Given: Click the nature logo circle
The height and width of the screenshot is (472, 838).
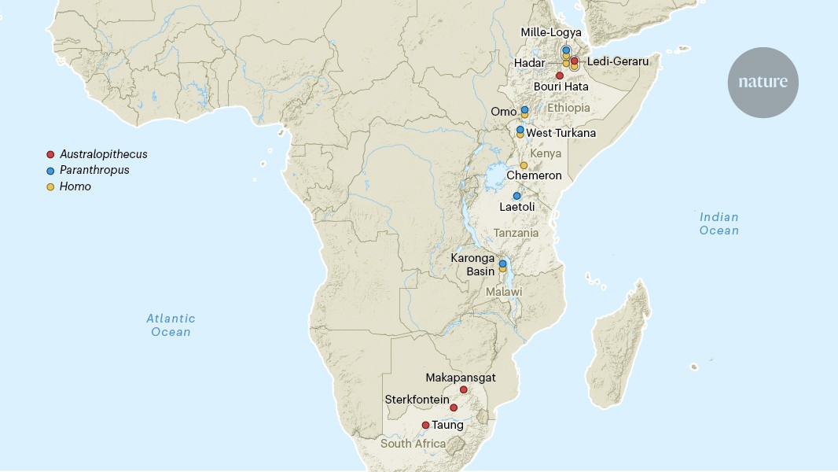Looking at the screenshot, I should click(x=763, y=83).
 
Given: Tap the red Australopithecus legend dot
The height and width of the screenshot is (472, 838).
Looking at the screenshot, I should click(x=50, y=154).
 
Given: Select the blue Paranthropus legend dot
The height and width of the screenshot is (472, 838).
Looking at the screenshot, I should click(x=50, y=171).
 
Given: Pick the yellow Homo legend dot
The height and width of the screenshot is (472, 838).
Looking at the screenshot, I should click(x=50, y=187).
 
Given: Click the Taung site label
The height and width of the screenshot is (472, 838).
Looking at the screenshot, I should click(x=448, y=425).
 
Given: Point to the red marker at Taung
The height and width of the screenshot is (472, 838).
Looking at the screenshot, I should click(x=425, y=425).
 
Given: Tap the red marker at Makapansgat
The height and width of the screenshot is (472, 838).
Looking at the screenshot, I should click(x=464, y=389).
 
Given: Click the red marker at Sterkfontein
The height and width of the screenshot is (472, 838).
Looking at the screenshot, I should click(x=454, y=407).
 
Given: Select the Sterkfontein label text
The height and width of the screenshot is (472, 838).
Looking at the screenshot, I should click(x=417, y=400).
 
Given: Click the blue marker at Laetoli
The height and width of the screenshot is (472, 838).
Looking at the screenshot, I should click(x=516, y=196).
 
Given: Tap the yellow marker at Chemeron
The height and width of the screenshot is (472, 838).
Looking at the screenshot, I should click(x=524, y=165).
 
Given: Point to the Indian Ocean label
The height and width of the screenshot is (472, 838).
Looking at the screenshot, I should click(x=719, y=223).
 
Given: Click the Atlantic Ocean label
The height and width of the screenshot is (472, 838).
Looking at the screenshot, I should click(x=171, y=325).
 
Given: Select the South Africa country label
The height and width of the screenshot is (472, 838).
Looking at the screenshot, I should click(x=413, y=444).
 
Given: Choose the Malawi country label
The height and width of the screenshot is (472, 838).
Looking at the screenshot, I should click(x=503, y=292).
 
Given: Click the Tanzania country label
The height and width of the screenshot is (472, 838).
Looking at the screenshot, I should click(x=516, y=233).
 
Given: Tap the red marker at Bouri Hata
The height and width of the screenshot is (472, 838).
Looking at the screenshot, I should click(x=560, y=76).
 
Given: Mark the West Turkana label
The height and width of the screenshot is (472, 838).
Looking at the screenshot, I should click(x=561, y=133).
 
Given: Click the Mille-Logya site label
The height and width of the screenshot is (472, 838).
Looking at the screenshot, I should click(x=551, y=32).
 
